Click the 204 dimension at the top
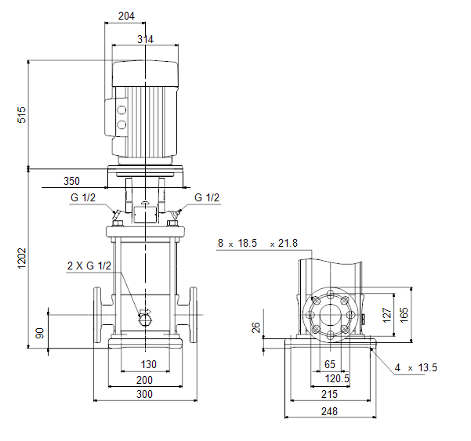126,16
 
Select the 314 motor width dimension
145,39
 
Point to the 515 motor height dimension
22,114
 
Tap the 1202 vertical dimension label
22,258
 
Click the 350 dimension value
71,181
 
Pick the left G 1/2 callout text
83,197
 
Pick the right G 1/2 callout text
207,197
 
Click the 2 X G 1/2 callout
89,266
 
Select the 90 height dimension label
40,333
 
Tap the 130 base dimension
149,364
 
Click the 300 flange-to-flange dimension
144,394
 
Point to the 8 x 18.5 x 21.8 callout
258,243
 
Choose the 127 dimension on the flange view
387,315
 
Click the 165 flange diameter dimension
404,315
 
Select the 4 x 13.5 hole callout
415,367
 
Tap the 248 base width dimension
329,411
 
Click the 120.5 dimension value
337,378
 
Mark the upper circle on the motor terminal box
121,110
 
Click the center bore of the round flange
330,315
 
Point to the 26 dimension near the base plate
255,327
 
